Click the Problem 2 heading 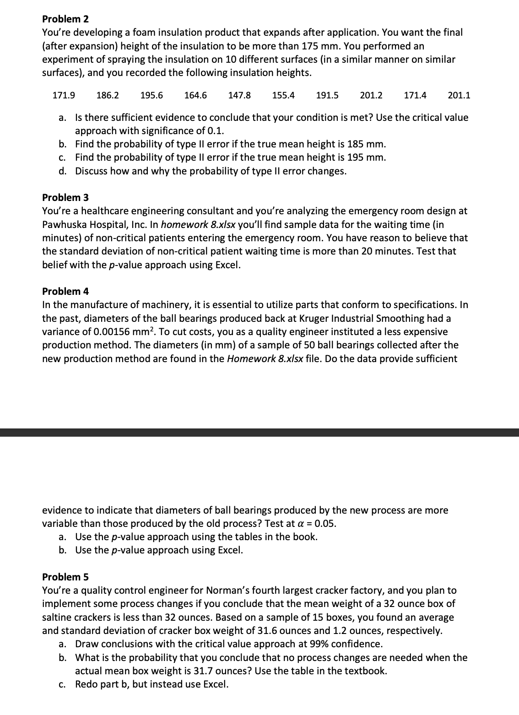click(65, 19)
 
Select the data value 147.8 click(239, 96)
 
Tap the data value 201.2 click(371, 96)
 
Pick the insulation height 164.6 click(195, 96)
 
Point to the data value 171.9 click(64, 96)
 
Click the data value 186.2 click(108, 96)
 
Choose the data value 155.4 click(283, 96)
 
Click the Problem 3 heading click(65, 198)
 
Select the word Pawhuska click(64, 225)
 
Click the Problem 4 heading click(65, 292)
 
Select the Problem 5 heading click(65, 577)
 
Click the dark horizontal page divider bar click(259, 433)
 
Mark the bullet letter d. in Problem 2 click(64, 171)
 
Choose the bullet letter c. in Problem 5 click(64, 684)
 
